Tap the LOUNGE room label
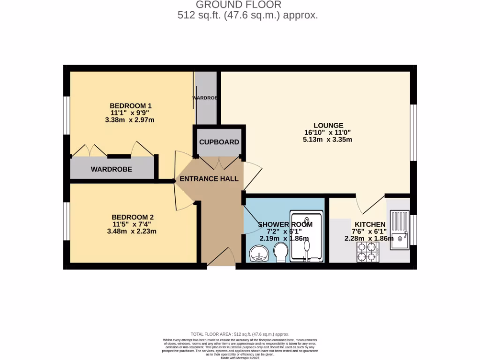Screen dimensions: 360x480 (328, 126)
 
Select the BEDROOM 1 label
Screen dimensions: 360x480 (130, 105)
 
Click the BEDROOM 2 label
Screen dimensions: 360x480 (133, 217)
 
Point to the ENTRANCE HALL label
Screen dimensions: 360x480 (209, 179)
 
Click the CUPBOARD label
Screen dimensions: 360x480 (219, 142)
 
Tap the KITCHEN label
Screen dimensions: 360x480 (370, 225)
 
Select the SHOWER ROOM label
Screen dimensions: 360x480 (285, 225)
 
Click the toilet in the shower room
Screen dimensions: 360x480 (281, 252)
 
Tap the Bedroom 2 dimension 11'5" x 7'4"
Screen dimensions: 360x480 (133, 224)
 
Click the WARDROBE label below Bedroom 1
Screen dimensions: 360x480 (111, 169)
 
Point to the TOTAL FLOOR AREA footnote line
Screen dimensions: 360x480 (240, 334)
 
